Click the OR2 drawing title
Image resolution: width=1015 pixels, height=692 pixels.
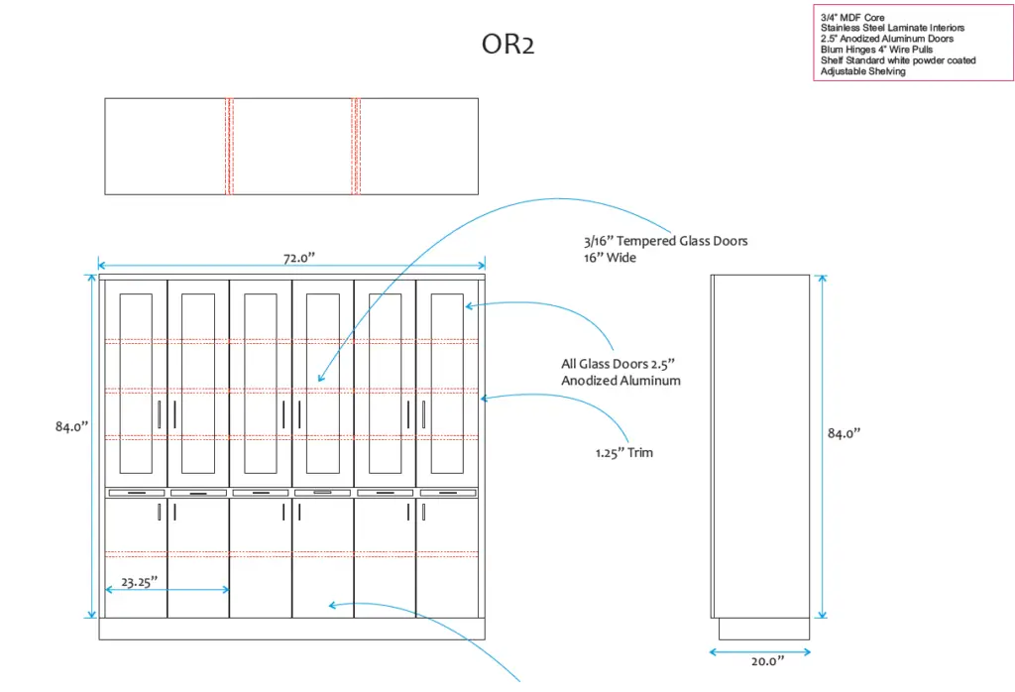click(507, 46)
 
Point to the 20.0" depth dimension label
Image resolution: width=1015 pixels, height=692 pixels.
click(760, 660)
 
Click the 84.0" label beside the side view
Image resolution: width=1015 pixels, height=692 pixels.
click(844, 433)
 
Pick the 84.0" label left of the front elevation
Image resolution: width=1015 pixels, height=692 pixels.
click(71, 426)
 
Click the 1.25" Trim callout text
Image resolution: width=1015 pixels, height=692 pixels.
click(624, 453)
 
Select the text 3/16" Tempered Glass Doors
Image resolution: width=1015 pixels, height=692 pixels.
click(665, 241)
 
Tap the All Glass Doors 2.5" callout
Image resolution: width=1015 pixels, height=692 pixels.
click(620, 372)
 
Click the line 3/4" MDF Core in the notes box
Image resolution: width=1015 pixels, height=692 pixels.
click(852, 18)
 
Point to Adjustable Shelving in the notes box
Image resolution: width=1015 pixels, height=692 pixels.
click(862, 71)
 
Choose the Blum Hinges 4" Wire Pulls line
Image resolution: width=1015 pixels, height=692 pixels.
click(876, 50)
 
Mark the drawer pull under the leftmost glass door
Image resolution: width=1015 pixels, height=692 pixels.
click(136, 493)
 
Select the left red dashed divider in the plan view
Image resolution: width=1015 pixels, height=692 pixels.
click(229, 146)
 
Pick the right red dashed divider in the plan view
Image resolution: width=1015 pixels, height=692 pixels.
click(355, 146)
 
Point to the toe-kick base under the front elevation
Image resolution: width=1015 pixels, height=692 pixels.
click(291, 629)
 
